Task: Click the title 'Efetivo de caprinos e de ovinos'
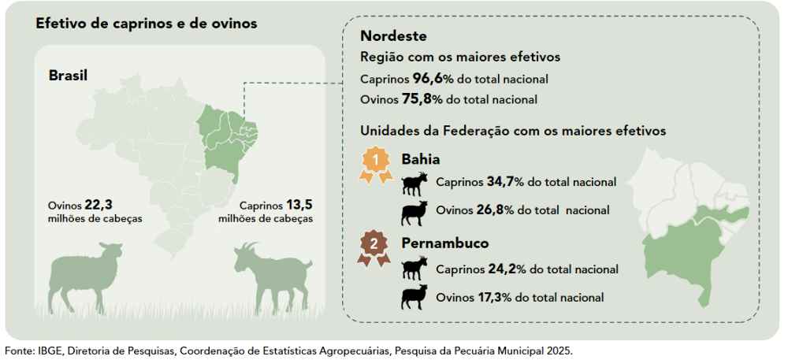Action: tap(147, 24)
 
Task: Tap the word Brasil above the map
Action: tap(69, 76)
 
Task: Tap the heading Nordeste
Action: tap(393, 37)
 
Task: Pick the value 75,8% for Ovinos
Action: tap(422, 99)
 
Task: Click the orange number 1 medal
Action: tap(377, 166)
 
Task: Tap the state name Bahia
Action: tap(421, 160)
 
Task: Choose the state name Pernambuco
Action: tap(445, 243)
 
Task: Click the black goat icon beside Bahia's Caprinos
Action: tap(415, 184)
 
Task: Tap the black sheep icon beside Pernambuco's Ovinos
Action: tap(414, 297)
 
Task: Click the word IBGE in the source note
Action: tap(48, 351)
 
